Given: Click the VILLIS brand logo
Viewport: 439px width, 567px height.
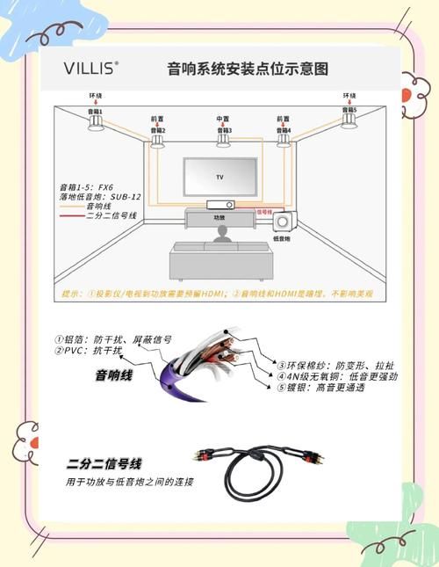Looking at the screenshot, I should (90, 67).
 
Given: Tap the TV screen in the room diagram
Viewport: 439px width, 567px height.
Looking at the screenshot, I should (219, 177).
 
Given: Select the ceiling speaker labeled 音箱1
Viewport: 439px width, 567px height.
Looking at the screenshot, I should (96, 123).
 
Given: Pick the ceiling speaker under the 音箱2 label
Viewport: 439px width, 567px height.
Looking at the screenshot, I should (158, 141).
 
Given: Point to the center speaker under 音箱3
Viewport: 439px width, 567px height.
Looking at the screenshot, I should (223, 140).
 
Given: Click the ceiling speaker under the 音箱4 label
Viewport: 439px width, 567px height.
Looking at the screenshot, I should (284, 140).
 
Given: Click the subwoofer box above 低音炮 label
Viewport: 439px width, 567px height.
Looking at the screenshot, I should (284, 223).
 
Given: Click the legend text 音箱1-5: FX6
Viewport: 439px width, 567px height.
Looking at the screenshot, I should (86, 186).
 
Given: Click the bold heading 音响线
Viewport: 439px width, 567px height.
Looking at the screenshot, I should (113, 375).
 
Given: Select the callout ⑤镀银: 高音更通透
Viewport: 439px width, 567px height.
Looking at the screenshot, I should (327, 388).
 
